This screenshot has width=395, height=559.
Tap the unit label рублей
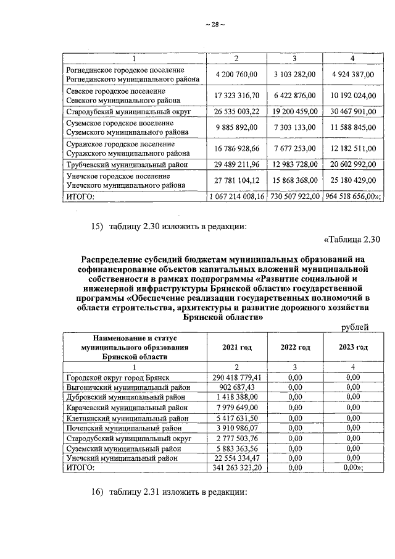(x=355, y=327)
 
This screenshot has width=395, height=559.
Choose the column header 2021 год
(x=237, y=348)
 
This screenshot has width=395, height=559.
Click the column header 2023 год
(x=353, y=347)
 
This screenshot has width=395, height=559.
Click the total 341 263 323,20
(x=238, y=468)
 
